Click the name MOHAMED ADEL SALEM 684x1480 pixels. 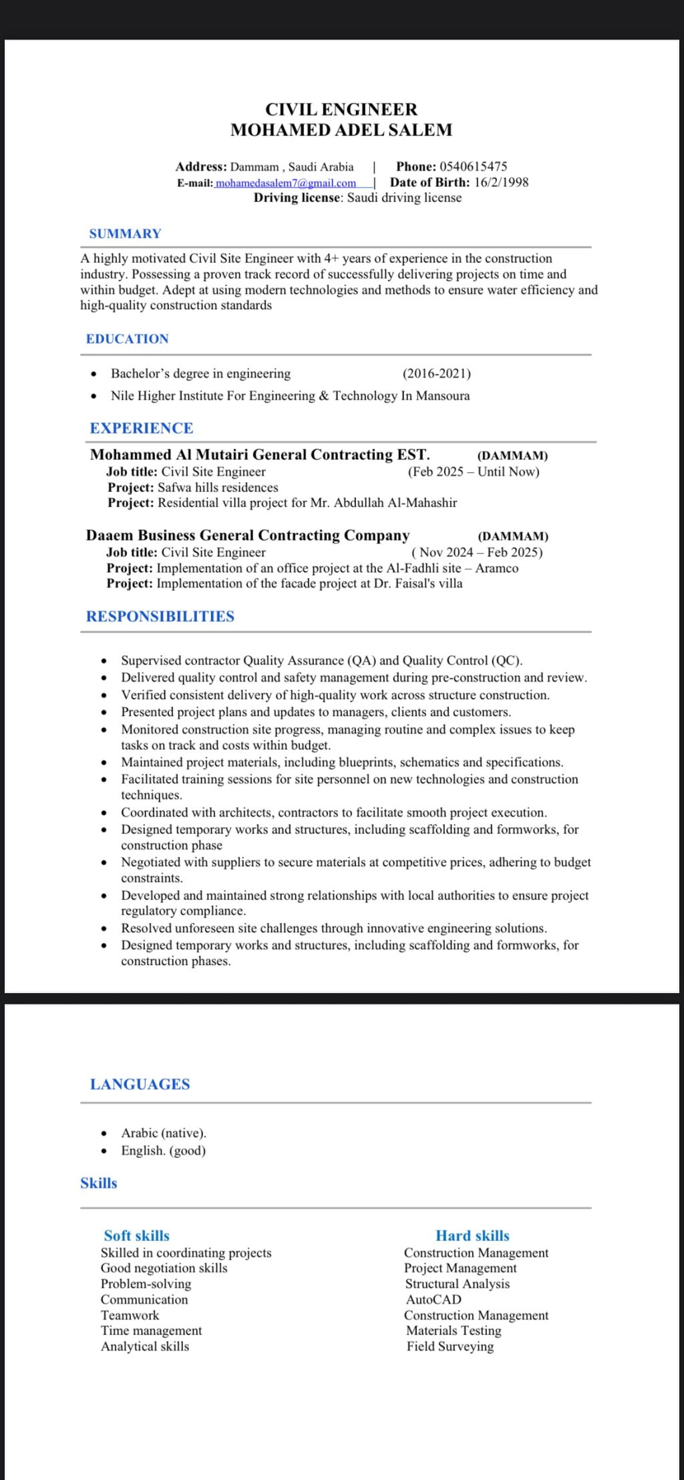pyautogui.click(x=341, y=130)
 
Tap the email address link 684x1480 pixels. pyautogui.click(x=285, y=183)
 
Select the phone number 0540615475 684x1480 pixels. pyautogui.click(x=473, y=166)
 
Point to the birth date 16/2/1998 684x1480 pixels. pyautogui.click(x=501, y=182)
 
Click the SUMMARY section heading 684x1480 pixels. pyautogui.click(x=126, y=234)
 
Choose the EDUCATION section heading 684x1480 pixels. pyautogui.click(x=128, y=339)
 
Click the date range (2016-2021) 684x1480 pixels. pyautogui.click(x=436, y=373)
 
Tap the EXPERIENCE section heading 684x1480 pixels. pyautogui.click(x=142, y=428)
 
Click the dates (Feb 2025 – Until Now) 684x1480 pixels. pyautogui.click(x=474, y=472)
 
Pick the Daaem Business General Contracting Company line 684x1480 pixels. pyautogui.click(x=248, y=536)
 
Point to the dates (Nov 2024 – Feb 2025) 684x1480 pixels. pyautogui.click(x=477, y=552)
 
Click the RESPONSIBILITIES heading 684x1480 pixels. pyautogui.click(x=160, y=616)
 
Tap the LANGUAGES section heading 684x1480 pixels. pyautogui.click(x=140, y=1084)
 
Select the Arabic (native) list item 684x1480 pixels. pyautogui.click(x=164, y=1133)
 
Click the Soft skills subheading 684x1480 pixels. pyautogui.click(x=137, y=1236)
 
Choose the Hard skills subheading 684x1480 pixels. pyautogui.click(x=472, y=1236)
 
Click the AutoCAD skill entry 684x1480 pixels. pyautogui.click(x=434, y=1300)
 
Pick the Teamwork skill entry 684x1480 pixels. pyautogui.click(x=130, y=1315)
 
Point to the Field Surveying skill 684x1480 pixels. pyautogui.click(x=450, y=1346)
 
